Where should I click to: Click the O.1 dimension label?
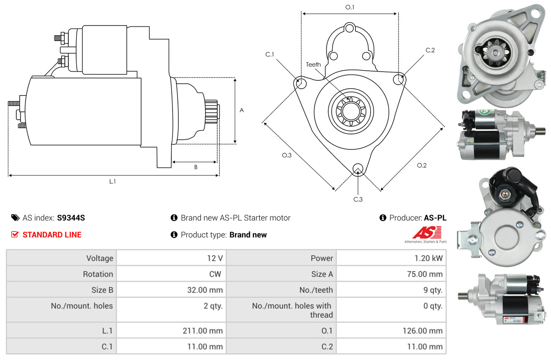350,7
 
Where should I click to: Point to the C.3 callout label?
358,199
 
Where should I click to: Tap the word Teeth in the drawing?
313,64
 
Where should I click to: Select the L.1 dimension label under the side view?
112,182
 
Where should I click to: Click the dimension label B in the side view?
196,167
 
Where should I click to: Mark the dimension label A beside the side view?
242,110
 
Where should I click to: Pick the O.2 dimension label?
422,165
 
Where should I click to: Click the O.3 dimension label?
286,155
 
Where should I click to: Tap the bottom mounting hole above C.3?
358,169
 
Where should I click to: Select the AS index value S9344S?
71,218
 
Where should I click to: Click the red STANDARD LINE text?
52,235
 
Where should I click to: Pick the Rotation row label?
98,274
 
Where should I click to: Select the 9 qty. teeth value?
433,290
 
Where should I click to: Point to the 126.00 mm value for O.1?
422,331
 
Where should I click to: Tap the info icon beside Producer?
383,218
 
